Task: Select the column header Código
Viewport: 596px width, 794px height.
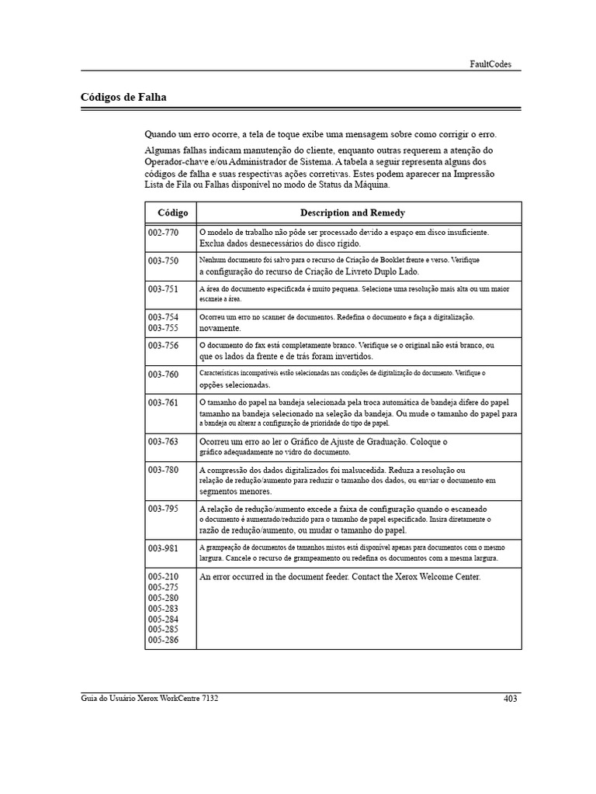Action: click(x=172, y=212)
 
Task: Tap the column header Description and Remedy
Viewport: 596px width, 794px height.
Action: click(x=352, y=212)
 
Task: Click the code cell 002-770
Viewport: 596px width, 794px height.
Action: click(x=163, y=232)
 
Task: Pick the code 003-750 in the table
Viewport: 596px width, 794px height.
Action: click(x=163, y=261)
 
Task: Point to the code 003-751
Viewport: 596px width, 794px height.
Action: click(x=163, y=288)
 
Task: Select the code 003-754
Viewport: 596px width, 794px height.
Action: click(x=163, y=317)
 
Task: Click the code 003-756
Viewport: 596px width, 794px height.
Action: click(x=163, y=345)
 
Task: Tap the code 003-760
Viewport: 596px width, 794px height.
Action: click(x=163, y=374)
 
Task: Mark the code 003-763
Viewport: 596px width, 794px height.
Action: click(x=163, y=441)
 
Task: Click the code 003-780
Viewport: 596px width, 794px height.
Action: click(x=163, y=470)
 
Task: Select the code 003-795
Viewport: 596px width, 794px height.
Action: click(x=163, y=509)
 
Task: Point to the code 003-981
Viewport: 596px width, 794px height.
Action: click(x=163, y=547)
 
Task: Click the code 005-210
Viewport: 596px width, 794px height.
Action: click(x=163, y=577)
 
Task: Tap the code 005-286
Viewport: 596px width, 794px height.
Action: click(x=163, y=640)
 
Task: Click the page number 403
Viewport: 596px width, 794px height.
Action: click(x=510, y=699)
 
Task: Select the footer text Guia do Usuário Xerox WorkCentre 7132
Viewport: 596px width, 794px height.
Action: click(x=150, y=699)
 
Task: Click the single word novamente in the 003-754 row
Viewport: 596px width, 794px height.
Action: click(x=220, y=328)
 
